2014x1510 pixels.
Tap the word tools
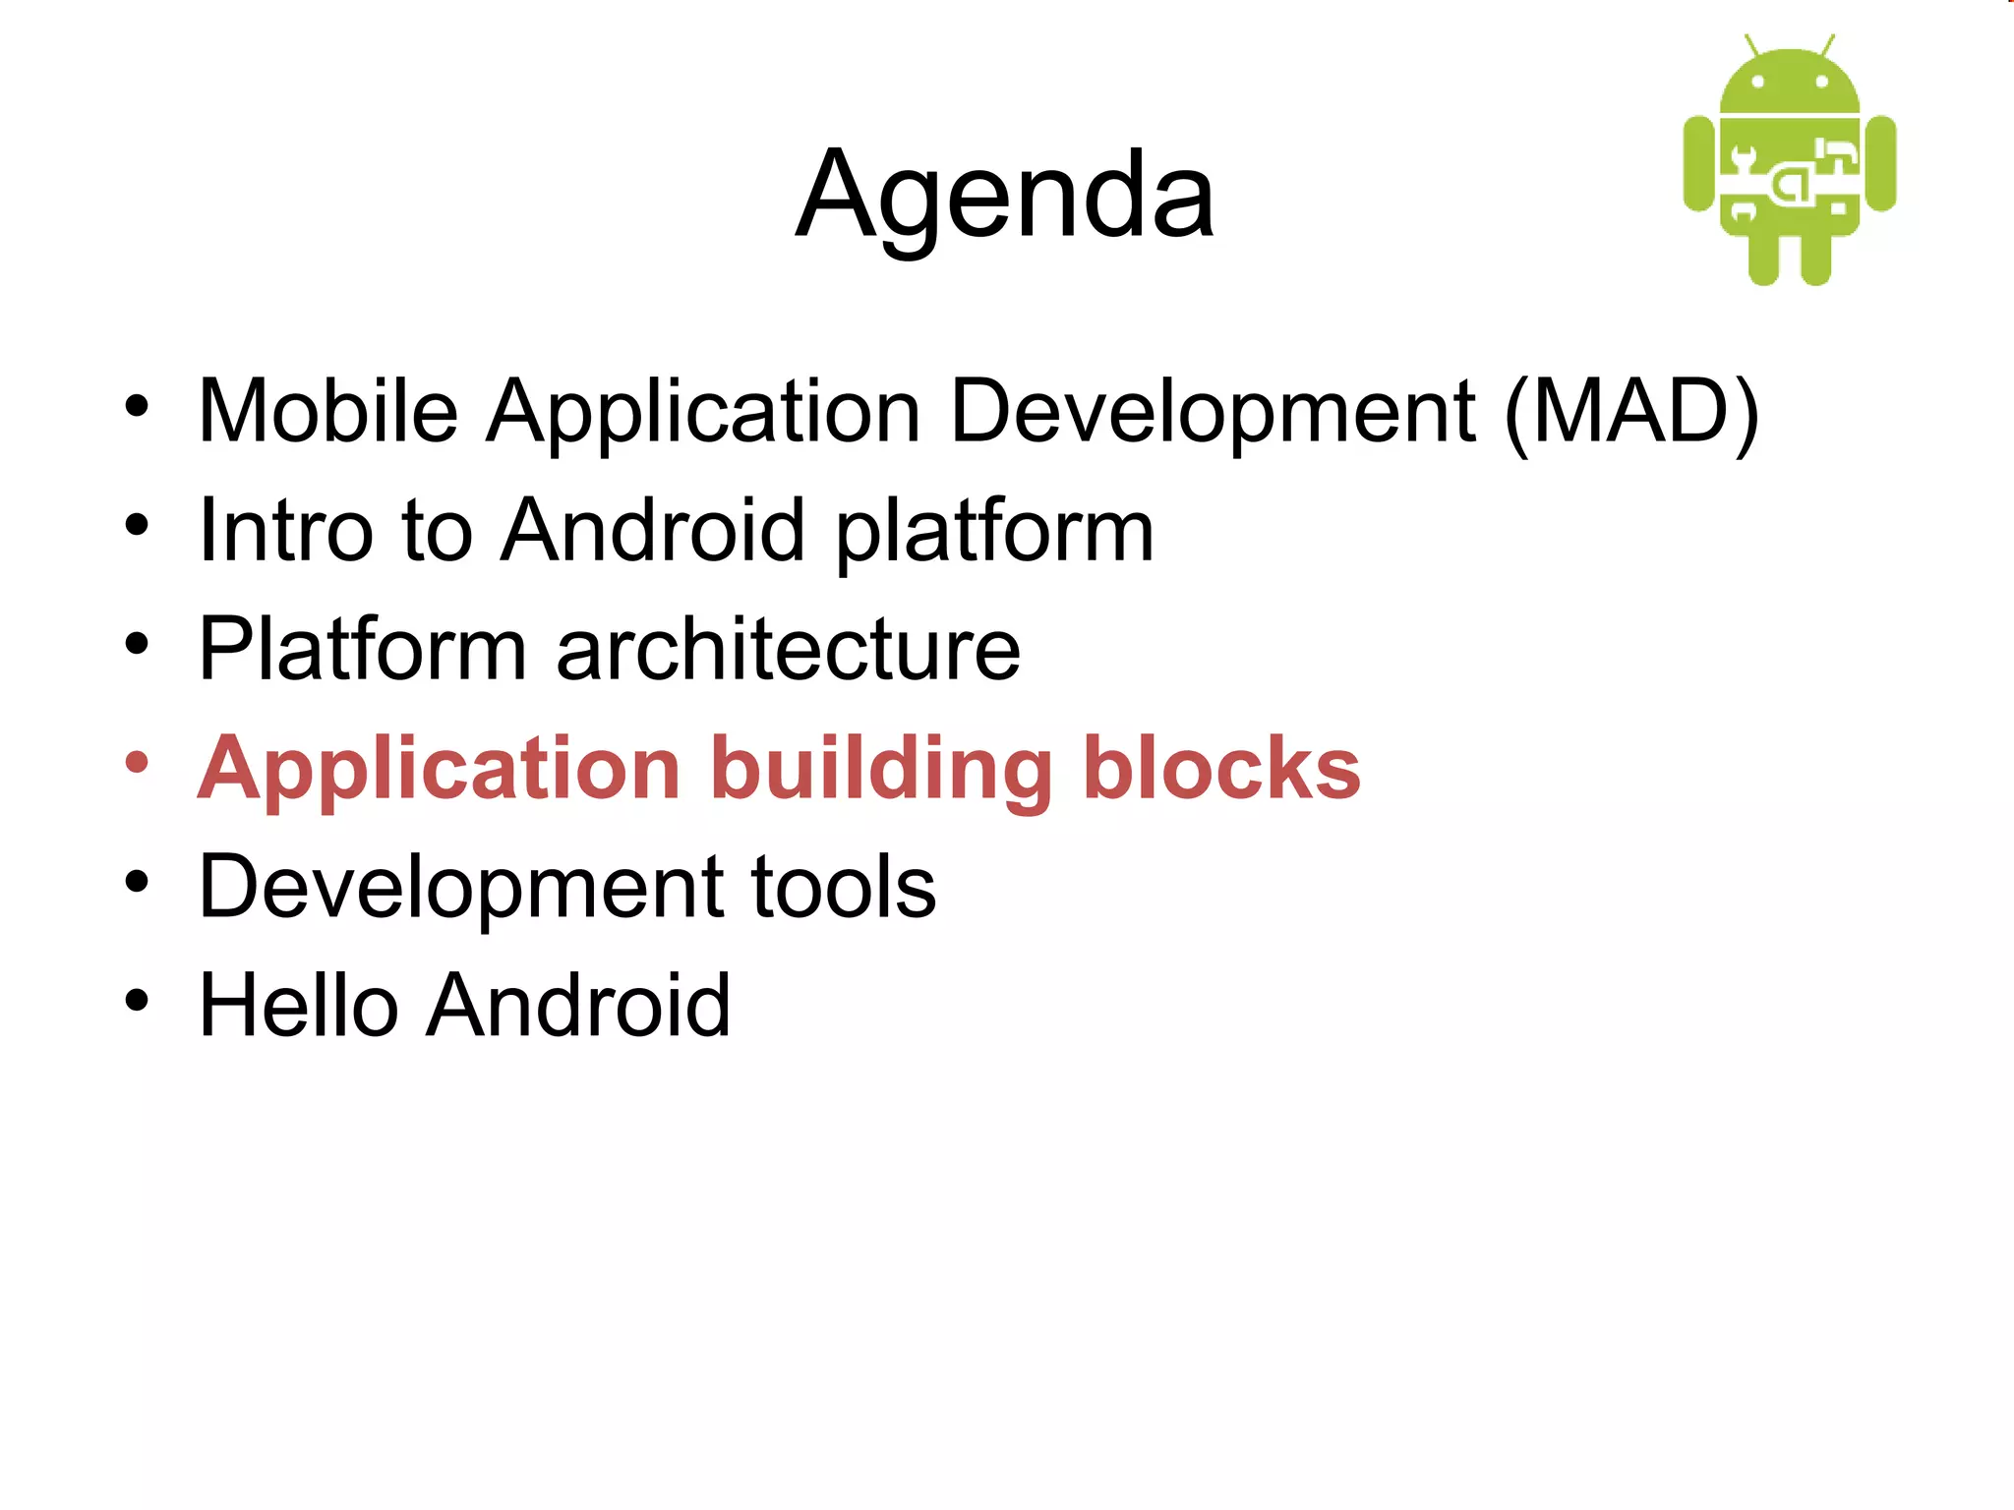(844, 887)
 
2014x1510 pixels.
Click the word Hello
(297, 1005)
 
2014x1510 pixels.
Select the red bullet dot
(137, 763)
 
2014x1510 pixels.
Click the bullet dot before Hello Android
(137, 1001)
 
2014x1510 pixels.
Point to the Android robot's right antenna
(1827, 45)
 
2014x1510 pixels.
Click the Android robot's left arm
(1698, 163)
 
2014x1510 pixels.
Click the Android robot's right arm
(1880, 163)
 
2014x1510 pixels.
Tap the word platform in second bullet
(994, 532)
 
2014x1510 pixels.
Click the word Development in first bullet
(1212, 413)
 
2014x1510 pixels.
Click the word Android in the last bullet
(578, 1005)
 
